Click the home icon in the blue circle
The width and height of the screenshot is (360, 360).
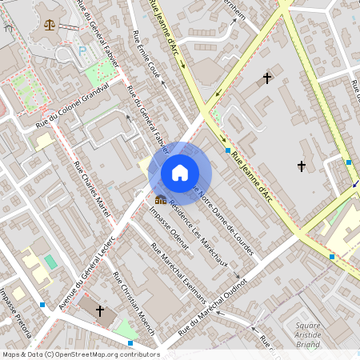pyautogui.click(x=180, y=173)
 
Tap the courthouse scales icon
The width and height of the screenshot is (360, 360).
pyautogui.click(x=50, y=25)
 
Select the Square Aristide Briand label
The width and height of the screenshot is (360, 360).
pyautogui.click(x=307, y=334)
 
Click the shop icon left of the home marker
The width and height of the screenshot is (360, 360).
pyautogui.click(x=161, y=199)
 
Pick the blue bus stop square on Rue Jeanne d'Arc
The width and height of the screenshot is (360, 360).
pyautogui.click(x=228, y=150)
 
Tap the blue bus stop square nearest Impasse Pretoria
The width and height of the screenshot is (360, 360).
pyautogui.click(x=42, y=305)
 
